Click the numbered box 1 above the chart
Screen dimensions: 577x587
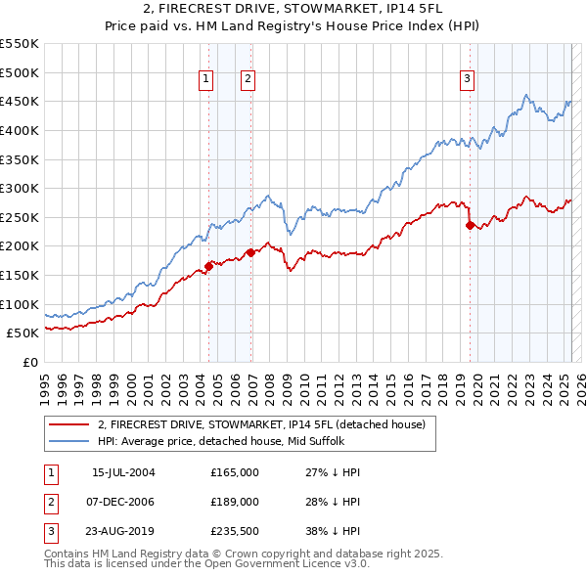(207, 80)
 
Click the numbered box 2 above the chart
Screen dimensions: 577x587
(248, 80)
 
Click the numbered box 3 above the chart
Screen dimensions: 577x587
(468, 80)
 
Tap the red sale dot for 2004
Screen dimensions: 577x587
(209, 264)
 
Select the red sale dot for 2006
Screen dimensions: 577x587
(250, 251)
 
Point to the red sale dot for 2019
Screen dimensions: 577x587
(470, 225)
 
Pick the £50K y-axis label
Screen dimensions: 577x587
(23, 333)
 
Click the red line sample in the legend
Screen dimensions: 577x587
(70, 425)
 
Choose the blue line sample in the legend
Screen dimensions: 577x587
(70, 441)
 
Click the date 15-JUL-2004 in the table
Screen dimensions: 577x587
(123, 472)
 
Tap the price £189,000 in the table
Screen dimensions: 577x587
(235, 501)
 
